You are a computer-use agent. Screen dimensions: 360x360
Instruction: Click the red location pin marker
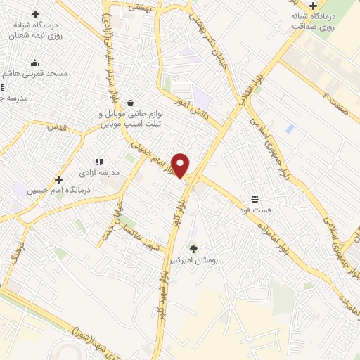[x=181, y=165]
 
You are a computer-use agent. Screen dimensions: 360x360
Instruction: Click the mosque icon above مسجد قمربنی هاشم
[x=35, y=63]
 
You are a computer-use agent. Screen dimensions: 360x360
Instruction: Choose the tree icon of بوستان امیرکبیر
[x=193, y=248]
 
